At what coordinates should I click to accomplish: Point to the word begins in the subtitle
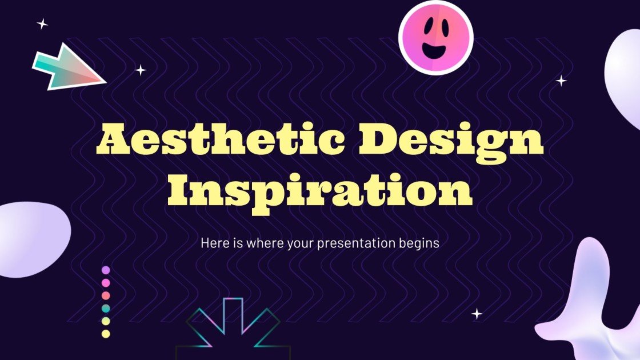tap(420, 243)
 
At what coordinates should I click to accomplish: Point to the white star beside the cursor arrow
tap(141, 70)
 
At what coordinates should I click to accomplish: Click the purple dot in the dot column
tap(106, 270)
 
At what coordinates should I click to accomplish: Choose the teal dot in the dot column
tap(106, 309)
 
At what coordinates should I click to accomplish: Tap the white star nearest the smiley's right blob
tap(562, 81)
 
